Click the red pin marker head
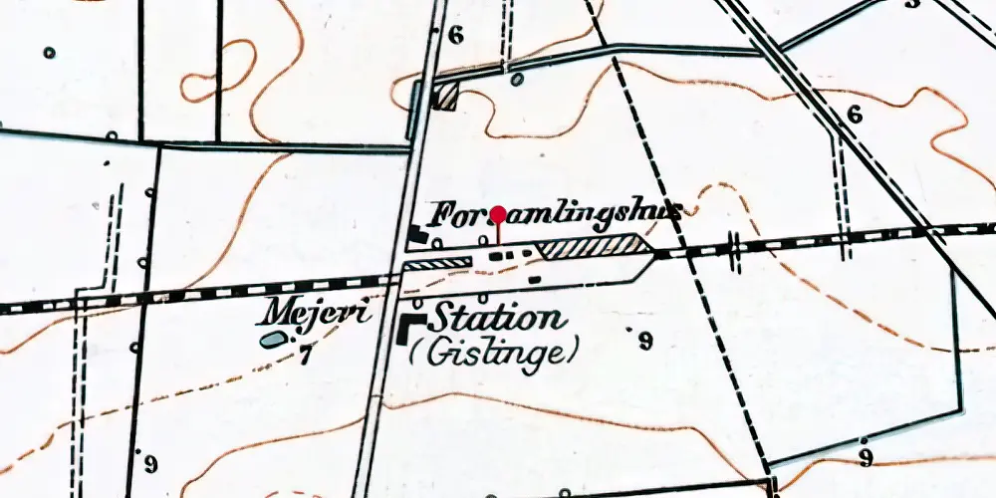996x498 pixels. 498,212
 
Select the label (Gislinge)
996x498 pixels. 495,352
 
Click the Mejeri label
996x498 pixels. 317,313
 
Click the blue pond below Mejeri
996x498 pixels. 270,341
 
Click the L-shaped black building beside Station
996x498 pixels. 410,329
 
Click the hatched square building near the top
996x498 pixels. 446,97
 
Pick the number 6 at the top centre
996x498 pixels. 456,35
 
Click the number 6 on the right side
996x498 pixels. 854,115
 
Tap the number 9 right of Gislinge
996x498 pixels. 645,342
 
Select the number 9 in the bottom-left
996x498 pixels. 150,463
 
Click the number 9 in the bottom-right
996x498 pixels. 866,457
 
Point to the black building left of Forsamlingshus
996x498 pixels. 416,234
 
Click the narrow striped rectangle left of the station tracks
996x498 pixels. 436,263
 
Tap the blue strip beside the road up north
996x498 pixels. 413,111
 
